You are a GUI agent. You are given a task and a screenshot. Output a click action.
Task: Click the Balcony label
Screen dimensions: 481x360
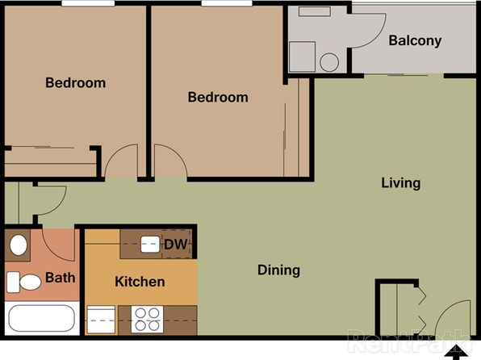tap(415, 40)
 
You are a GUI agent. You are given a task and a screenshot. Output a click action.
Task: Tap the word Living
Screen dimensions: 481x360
tap(400, 183)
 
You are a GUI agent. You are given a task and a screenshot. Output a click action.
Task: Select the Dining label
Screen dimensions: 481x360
tap(278, 270)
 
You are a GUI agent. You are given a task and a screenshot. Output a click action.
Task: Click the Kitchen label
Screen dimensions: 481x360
tap(140, 282)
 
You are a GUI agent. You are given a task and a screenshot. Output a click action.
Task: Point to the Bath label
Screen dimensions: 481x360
tap(60, 278)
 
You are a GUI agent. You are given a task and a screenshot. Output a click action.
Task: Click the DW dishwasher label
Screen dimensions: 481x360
tap(176, 245)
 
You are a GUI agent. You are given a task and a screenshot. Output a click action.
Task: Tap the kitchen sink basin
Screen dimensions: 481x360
tap(150, 245)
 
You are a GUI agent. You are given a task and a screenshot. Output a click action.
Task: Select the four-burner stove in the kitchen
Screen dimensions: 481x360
tap(147, 319)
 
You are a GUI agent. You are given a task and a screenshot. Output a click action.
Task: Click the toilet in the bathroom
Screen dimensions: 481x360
tap(24, 282)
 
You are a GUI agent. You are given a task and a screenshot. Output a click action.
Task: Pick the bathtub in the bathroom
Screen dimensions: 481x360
tap(41, 318)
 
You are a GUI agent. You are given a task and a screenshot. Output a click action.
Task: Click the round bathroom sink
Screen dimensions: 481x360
tap(19, 245)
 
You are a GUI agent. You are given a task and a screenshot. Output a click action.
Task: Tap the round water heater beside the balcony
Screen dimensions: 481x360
tap(329, 62)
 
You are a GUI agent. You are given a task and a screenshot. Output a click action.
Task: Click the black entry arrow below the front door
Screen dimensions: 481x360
tap(456, 352)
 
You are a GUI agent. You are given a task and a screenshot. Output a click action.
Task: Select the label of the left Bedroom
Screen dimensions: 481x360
tap(76, 83)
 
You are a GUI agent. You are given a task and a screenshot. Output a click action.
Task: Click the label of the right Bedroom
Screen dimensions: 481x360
tap(218, 98)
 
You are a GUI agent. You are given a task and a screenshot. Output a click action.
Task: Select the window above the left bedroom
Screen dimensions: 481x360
tap(88, 3)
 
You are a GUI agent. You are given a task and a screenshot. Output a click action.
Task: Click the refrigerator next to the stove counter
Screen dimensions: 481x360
tap(101, 320)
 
